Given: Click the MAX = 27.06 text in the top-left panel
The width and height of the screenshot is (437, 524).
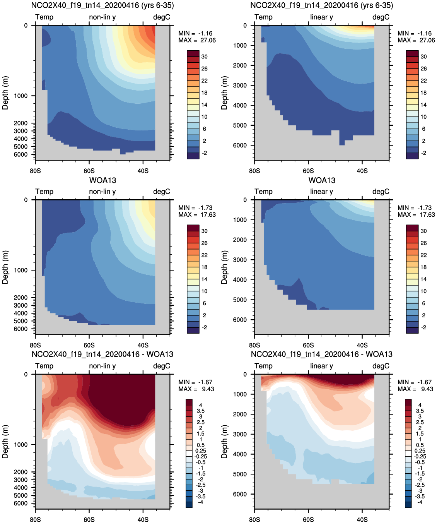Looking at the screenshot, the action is pos(197,40).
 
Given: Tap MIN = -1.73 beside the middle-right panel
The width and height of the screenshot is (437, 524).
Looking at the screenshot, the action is pos(415,208).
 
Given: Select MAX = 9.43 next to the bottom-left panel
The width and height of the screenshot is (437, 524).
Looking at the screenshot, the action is pos(196,389).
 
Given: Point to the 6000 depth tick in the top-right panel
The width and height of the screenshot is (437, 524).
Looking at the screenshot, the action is pos(240,145).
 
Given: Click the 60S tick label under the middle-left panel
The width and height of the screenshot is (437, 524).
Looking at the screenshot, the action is pos(89,345).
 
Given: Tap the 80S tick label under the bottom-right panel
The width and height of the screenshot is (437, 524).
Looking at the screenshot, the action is pos(254,520).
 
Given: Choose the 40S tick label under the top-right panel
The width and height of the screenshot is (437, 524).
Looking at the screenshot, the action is pos(362,171).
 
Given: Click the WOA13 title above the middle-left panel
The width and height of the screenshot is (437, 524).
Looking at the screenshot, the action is pos(102,180).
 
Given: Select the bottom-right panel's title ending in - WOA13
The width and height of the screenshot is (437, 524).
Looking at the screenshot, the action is pos(322,354).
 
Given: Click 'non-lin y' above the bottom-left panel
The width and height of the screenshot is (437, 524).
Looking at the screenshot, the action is pos(102,366).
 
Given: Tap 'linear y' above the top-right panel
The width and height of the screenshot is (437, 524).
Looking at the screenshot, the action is pos(322,17).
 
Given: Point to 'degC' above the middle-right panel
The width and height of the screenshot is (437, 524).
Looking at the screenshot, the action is pos(381,192).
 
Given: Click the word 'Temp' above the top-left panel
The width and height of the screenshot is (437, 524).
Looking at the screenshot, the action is pos(44,17).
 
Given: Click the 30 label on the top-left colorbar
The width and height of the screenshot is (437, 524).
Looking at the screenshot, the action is pos(205,57).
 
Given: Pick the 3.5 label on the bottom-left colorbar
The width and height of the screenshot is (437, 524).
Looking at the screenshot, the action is pos(201,411).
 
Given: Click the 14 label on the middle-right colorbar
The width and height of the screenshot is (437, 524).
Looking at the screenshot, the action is pos(424,279).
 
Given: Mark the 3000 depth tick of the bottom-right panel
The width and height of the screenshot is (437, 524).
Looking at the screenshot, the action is pos(240,434).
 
